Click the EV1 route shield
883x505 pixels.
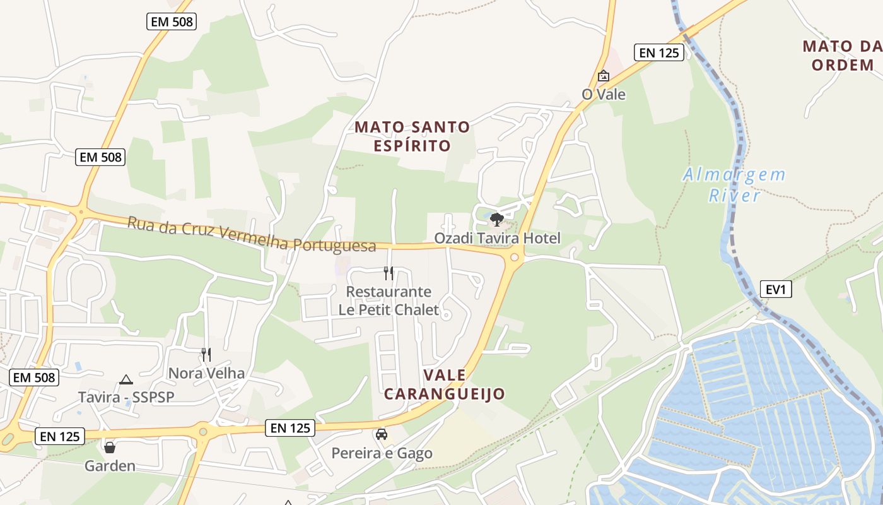click(x=775, y=289)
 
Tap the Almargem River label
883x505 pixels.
click(x=735, y=184)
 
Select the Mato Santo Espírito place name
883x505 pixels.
click(x=412, y=136)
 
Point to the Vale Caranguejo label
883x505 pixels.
click(x=445, y=384)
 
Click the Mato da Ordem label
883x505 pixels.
click(x=843, y=55)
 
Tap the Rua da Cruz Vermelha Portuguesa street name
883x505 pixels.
click(x=252, y=234)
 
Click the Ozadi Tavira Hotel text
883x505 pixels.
click(x=497, y=239)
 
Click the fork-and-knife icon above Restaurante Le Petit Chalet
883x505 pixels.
click(x=389, y=273)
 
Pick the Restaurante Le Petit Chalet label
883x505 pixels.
click(x=389, y=300)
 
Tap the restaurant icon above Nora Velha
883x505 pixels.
click(x=206, y=355)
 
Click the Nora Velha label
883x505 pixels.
click(x=206, y=373)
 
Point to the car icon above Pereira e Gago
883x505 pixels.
click(x=382, y=434)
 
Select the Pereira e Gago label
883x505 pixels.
click(x=382, y=453)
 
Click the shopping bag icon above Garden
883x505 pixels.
click(x=110, y=448)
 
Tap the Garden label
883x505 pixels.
click(x=110, y=466)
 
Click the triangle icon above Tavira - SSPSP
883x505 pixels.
click(x=126, y=379)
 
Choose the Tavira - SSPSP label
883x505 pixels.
click(x=126, y=397)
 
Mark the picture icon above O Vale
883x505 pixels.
click(x=604, y=76)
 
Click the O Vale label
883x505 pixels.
click(x=604, y=94)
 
